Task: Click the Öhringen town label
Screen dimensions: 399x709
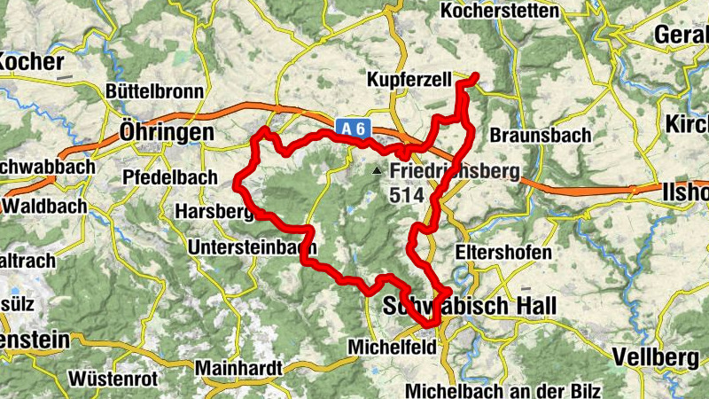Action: pos(166,132)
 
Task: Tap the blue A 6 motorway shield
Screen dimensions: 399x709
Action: pos(353,129)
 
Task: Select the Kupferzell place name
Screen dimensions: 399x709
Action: pos(409,81)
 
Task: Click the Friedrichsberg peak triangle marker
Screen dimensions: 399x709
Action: pos(378,170)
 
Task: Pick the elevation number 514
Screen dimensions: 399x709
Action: pos(406,193)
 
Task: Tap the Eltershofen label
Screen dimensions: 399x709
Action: pos(503,252)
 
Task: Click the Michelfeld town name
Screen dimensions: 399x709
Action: pos(393,347)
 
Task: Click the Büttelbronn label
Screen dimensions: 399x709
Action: pos(154,91)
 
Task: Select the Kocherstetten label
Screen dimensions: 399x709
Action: pos(499,12)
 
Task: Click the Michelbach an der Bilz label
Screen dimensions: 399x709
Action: pos(502,391)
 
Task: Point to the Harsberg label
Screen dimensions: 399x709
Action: pos(216,212)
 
